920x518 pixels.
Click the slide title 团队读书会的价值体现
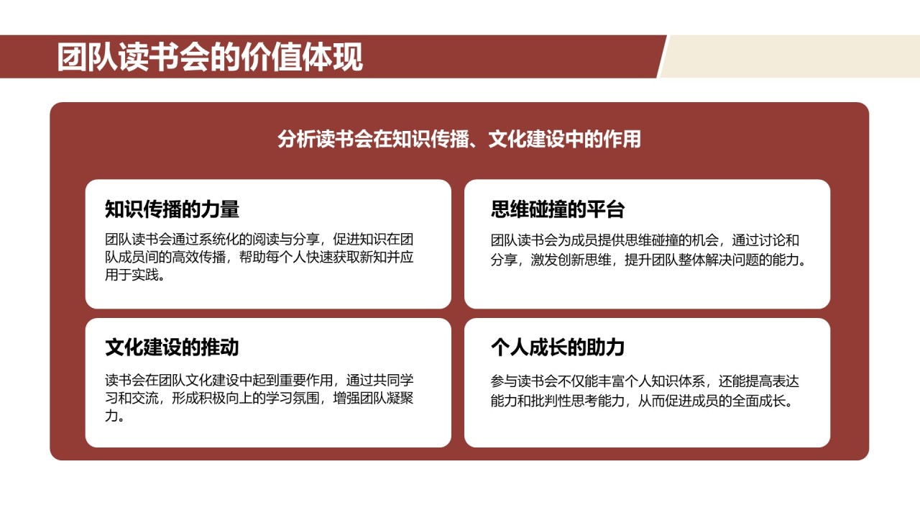210,58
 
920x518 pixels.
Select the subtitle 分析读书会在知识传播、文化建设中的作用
459,139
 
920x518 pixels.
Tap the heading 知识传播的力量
172,209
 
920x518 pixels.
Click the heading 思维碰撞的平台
558,209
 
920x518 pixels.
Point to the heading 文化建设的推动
172,348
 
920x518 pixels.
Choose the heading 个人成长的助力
558,348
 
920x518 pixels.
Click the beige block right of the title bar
791,56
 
